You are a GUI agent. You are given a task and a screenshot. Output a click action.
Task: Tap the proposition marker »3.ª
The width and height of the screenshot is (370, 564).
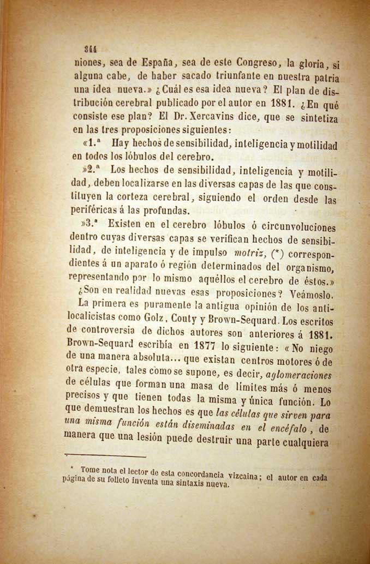pyautogui.click(x=89, y=223)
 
